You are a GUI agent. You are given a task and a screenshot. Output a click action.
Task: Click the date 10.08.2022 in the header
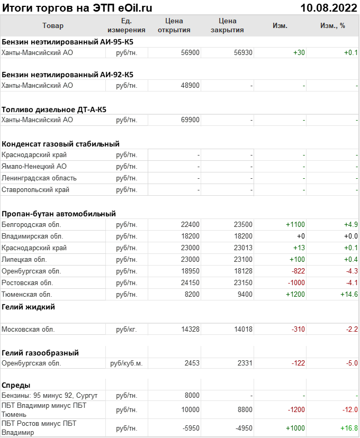pyautogui.click(x=328, y=8)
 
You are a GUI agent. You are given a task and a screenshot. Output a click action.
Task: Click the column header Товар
pyautogui.click(x=52, y=25)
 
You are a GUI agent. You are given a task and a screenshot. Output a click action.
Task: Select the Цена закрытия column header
pyautogui.click(x=227, y=25)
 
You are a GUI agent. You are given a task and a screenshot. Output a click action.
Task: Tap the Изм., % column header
pyautogui.click(x=332, y=25)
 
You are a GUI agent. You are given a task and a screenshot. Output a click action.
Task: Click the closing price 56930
pyautogui.click(x=243, y=52)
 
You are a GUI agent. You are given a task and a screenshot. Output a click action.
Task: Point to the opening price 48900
pyautogui.click(x=190, y=85)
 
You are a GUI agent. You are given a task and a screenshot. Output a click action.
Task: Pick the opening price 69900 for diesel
pyautogui.click(x=190, y=120)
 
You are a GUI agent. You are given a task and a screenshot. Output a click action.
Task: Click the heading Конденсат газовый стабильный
pyautogui.click(x=60, y=143)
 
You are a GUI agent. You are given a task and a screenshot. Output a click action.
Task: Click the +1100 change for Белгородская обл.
pyautogui.click(x=295, y=224)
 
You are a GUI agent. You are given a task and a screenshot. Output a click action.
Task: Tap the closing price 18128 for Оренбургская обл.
pyautogui.click(x=243, y=271)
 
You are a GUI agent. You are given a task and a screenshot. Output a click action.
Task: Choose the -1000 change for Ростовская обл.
pyautogui.click(x=296, y=282)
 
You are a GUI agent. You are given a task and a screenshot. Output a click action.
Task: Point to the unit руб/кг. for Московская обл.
pyautogui.click(x=127, y=329)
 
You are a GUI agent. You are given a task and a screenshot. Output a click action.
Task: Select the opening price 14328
pyautogui.click(x=190, y=329)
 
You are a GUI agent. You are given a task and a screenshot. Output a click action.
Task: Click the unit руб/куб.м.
pyautogui.click(x=127, y=363)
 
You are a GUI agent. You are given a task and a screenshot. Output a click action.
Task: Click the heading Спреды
pyautogui.click(x=16, y=385)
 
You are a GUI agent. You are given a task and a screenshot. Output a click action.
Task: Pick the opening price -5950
pyautogui.click(x=190, y=428)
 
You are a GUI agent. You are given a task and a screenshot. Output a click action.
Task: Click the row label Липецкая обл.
pyautogui.click(x=24, y=259)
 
